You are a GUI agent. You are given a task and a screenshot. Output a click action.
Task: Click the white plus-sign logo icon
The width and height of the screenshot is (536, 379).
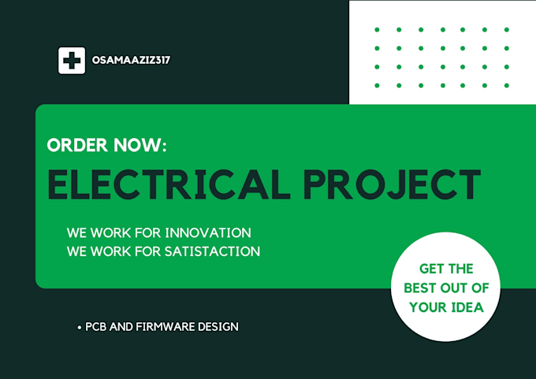(x=72, y=61)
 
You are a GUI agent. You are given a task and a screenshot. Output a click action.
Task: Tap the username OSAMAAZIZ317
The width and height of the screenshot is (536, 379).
(x=131, y=61)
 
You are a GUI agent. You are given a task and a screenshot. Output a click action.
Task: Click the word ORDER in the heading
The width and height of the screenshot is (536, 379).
(x=76, y=146)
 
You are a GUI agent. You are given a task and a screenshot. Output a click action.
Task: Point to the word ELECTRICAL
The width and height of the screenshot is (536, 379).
(x=166, y=184)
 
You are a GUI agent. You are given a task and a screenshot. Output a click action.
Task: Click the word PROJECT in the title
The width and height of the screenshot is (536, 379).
(x=393, y=184)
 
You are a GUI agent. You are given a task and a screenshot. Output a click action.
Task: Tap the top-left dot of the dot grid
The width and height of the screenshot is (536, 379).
(x=378, y=30)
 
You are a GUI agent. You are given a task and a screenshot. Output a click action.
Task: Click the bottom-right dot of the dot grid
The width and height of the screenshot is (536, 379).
(x=507, y=85)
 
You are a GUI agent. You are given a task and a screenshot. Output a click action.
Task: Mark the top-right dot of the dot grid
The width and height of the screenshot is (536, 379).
(x=507, y=30)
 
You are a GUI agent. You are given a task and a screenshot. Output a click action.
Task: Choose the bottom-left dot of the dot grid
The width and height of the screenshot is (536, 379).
(x=378, y=85)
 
